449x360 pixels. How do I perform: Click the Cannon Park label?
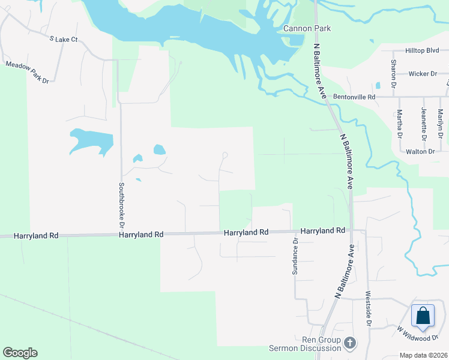[307, 29]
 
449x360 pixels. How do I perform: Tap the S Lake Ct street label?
[64, 39]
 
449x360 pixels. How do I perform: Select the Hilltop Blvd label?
[423, 51]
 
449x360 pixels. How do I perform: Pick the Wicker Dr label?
[423, 74]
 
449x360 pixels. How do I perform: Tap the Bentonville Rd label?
[355, 97]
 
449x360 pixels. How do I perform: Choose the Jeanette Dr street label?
[424, 119]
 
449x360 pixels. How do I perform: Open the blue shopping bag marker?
[423, 315]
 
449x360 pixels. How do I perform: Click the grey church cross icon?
[351, 343]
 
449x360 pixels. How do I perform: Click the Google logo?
[20, 353]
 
